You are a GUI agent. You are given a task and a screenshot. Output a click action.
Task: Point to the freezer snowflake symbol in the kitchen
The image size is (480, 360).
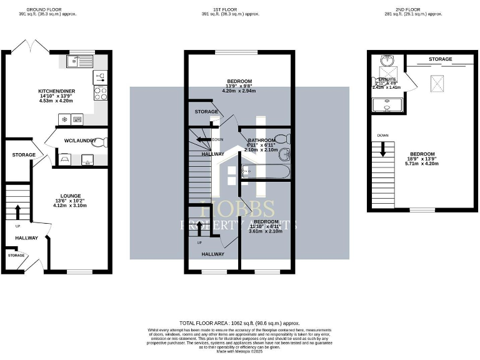(64, 119)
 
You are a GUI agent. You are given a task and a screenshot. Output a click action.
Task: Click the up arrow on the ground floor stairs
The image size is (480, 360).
(17, 210)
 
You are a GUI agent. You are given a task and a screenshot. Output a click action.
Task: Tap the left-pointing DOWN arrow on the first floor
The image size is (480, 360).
(202, 139)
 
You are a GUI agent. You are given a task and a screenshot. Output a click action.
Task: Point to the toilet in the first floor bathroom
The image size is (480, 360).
(282, 138)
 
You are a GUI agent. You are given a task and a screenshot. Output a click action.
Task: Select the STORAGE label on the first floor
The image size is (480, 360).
(206, 112)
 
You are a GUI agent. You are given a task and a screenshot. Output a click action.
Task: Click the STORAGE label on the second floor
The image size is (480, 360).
(441, 59)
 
